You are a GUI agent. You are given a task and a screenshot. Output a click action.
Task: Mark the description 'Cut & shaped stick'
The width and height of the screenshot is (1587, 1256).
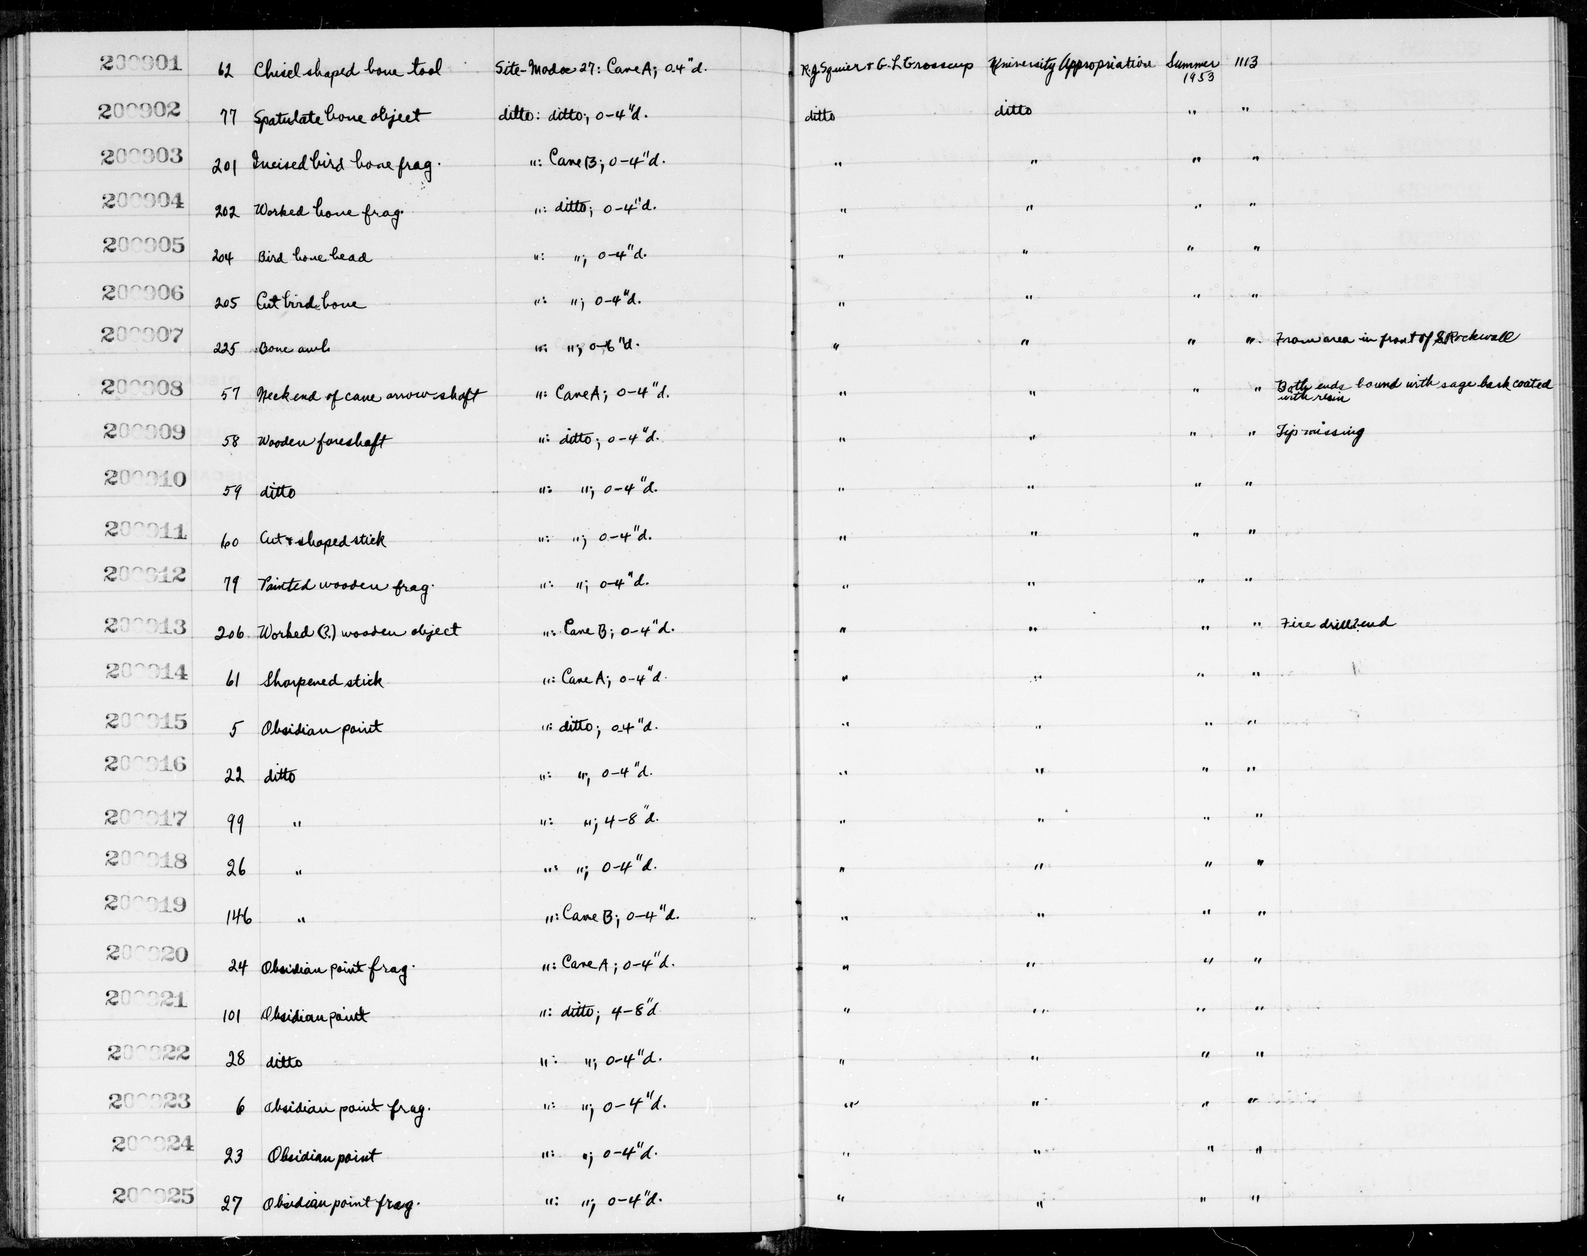pos(322,540)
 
